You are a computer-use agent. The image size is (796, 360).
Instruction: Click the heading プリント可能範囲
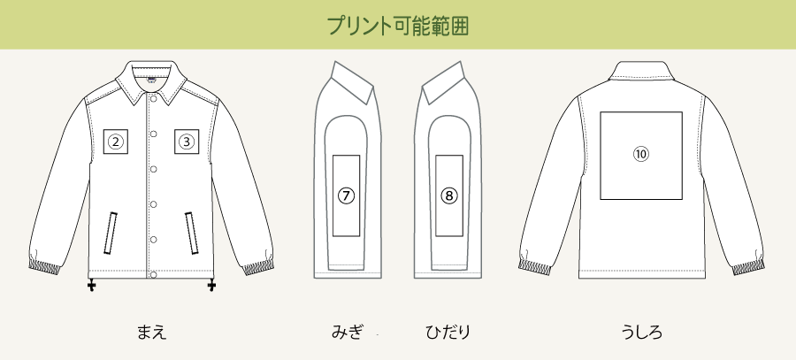pyautogui.click(x=397, y=25)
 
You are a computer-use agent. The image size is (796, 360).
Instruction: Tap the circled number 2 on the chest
pyautogui.click(x=116, y=141)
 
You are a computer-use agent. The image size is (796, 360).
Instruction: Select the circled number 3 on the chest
pyautogui.click(x=187, y=141)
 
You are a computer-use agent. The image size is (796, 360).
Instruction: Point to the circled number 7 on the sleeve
pyautogui.click(x=346, y=196)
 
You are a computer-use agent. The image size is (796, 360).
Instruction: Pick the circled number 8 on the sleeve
pyautogui.click(x=449, y=196)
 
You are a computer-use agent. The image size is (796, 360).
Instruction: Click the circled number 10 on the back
pyautogui.click(x=641, y=154)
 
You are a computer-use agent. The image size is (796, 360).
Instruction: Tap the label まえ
pyautogui.click(x=151, y=333)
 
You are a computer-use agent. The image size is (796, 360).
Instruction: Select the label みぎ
pyautogui.click(x=348, y=333)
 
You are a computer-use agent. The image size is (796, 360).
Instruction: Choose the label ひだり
pyautogui.click(x=447, y=333)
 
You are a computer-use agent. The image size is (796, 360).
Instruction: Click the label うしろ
pyautogui.click(x=642, y=333)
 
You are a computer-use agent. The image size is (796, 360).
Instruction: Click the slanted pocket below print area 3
pyautogui.click(x=192, y=232)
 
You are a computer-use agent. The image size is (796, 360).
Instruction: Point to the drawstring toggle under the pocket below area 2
pyautogui.click(x=92, y=286)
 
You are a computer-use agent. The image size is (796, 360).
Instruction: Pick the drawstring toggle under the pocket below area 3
pyautogui.click(x=211, y=286)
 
